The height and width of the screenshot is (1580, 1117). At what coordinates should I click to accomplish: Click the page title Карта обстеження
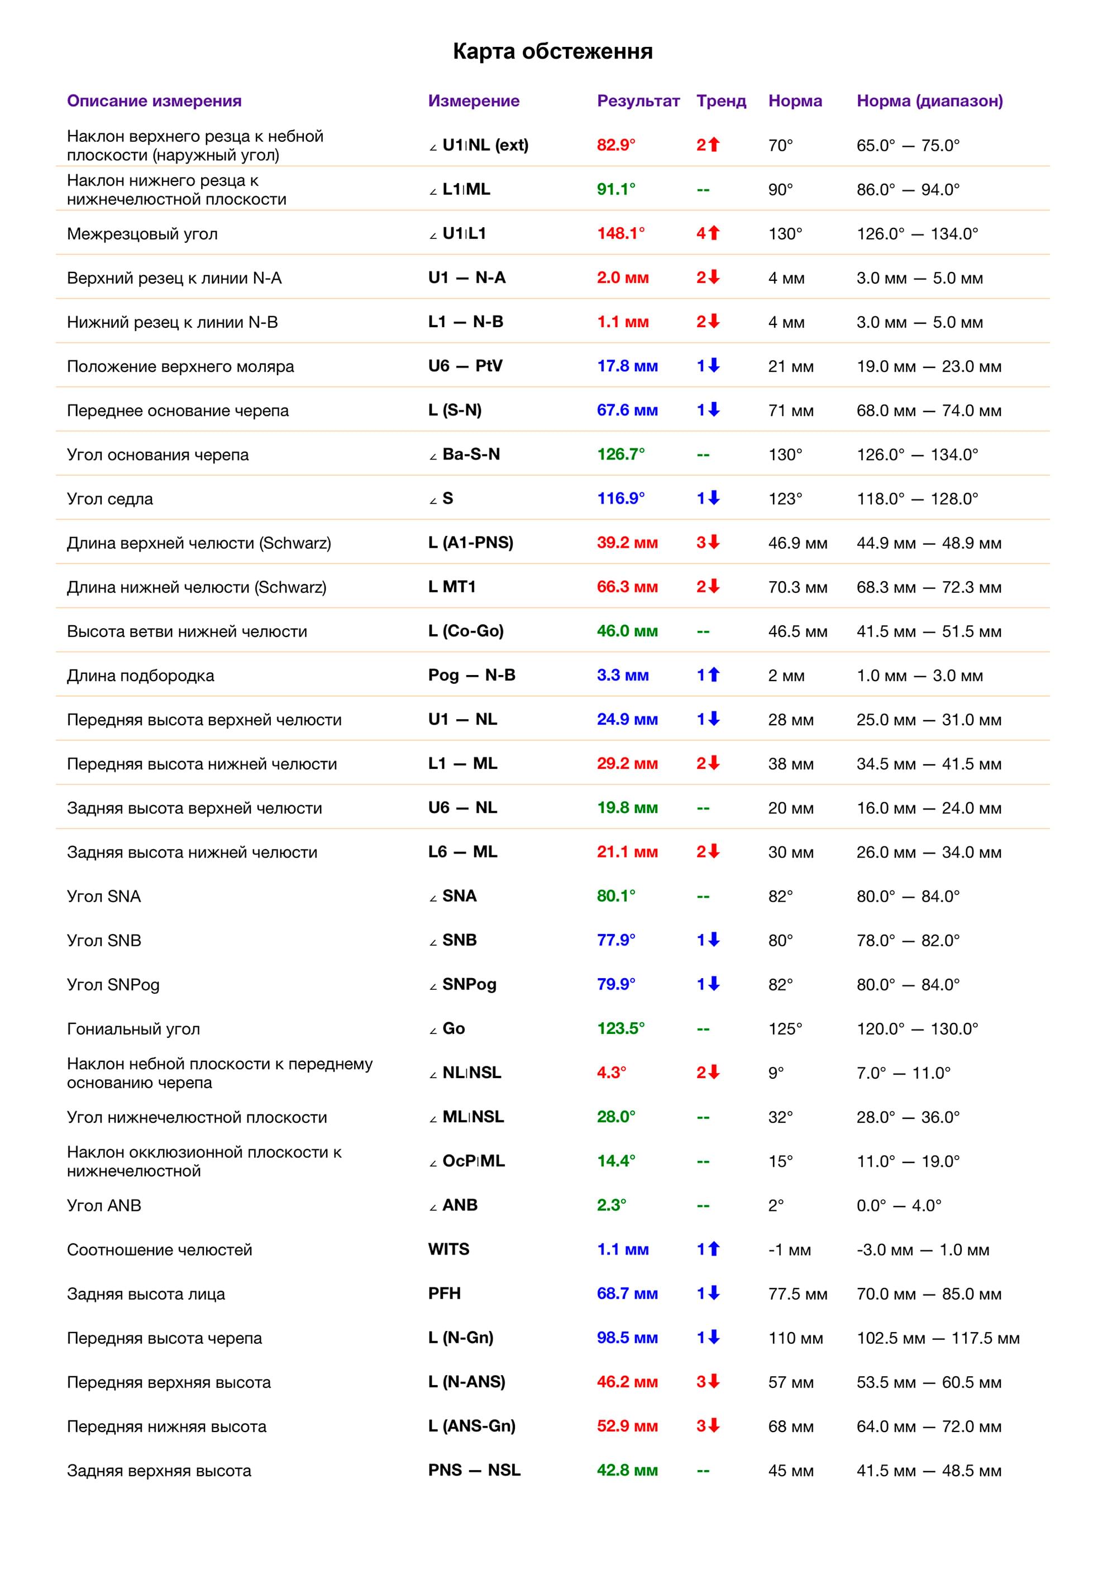coord(553,51)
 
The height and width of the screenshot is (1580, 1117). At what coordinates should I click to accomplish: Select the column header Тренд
coord(720,101)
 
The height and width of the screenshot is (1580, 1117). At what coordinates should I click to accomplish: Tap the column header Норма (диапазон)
coord(929,101)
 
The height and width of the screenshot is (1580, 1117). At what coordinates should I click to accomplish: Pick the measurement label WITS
coord(448,1249)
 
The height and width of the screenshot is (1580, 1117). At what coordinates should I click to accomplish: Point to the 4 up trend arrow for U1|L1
coord(708,234)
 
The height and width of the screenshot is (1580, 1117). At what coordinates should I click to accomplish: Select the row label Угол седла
coord(110,499)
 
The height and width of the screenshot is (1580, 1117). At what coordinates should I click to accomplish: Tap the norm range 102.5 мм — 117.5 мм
coord(937,1338)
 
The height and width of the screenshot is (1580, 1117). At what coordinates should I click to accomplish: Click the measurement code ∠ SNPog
coord(462,985)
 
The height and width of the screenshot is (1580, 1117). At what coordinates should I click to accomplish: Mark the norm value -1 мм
coord(789,1249)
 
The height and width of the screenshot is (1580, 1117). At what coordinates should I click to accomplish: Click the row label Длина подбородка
coord(140,676)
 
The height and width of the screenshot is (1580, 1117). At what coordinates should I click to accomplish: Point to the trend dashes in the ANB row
coord(703,1205)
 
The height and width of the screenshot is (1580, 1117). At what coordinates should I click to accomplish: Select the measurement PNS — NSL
coord(474,1470)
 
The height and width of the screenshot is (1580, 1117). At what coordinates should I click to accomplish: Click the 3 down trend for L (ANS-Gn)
coord(708,1426)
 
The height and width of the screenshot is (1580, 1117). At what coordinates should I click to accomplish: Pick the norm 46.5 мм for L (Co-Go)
coord(798,632)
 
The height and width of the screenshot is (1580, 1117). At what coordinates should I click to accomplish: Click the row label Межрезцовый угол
coord(142,234)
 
